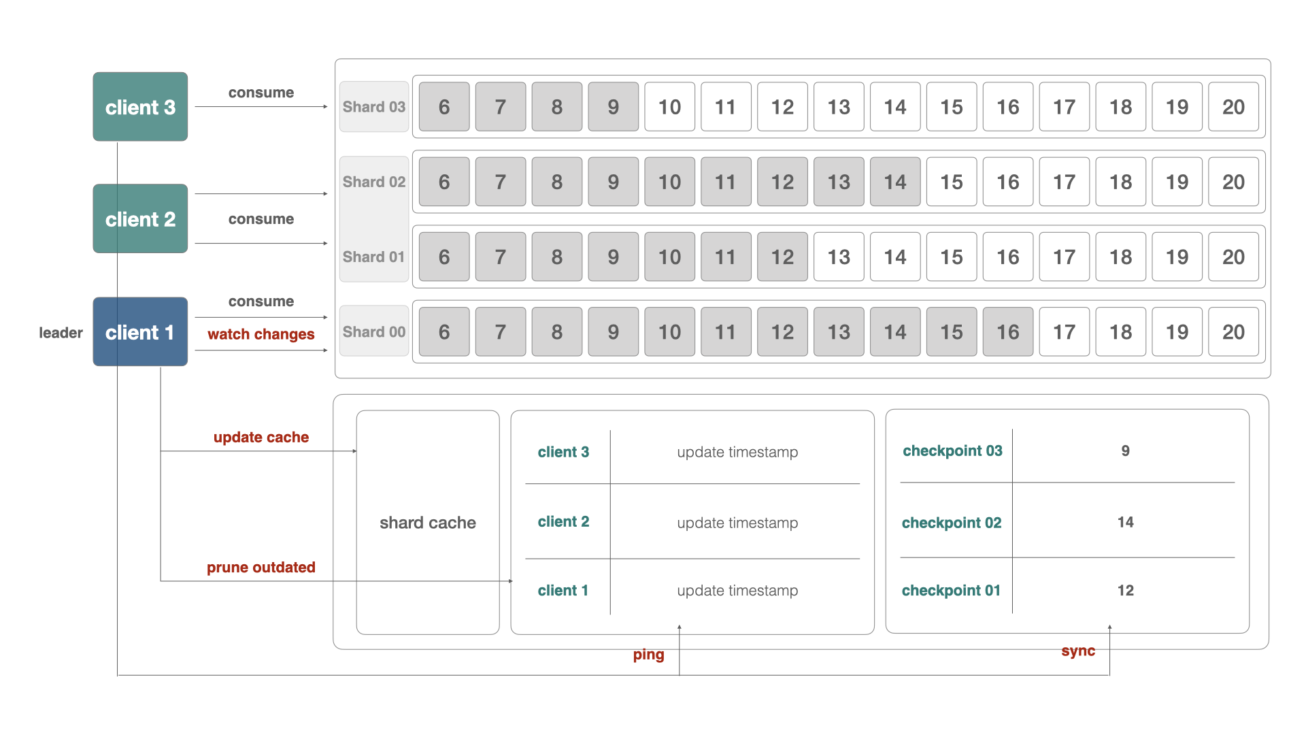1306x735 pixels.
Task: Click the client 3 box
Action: tap(140, 107)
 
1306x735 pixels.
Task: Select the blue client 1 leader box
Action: tap(140, 332)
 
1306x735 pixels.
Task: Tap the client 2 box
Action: tap(140, 219)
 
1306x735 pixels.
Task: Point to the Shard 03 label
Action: tap(373, 107)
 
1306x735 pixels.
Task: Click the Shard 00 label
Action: tap(373, 332)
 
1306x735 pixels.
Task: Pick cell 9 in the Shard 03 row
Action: tap(613, 107)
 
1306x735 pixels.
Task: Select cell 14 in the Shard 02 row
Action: tap(894, 182)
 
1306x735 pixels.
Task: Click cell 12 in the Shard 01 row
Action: tap(782, 257)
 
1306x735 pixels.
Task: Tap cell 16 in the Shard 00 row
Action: tap(1007, 332)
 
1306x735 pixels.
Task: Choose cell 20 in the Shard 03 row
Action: tap(1233, 107)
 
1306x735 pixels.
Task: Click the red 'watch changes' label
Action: tap(261, 334)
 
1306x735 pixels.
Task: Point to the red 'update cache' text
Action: tap(261, 437)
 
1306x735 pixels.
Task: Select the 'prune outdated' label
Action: tap(261, 567)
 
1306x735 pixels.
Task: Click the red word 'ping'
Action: tap(648, 655)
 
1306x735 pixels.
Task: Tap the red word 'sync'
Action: tap(1078, 651)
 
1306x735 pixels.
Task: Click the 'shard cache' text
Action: tap(428, 523)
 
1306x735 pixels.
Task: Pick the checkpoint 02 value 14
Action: tap(1125, 522)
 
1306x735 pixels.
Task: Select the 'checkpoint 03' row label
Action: tap(952, 451)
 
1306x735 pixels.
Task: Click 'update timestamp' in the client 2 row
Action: tap(737, 523)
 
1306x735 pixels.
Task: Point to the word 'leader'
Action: tap(61, 333)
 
